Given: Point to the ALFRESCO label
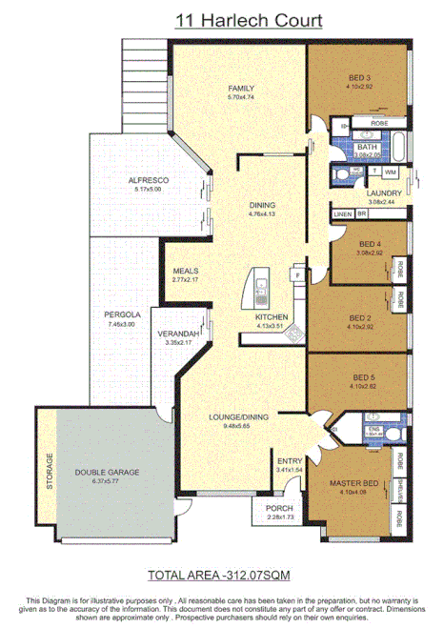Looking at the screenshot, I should pos(148,180).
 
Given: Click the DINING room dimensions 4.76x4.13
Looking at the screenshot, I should pos(262,214).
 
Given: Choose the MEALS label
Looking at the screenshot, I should pos(185,270).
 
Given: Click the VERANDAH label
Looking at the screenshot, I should pos(179,333).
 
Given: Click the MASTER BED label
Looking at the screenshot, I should pos(350,482).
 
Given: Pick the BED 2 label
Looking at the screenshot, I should pos(358,318).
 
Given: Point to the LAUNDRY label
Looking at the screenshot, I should pos(384,193).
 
